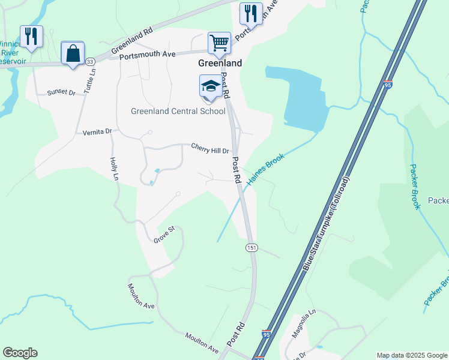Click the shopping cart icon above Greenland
[x=219, y=43]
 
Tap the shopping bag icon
[x=73, y=53]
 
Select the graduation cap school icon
[x=211, y=86]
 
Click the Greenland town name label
[x=220, y=63]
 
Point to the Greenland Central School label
[x=178, y=111]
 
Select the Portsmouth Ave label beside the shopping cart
[x=147, y=55]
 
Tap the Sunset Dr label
[x=61, y=93]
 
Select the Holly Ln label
[x=113, y=169]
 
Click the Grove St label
[x=163, y=234]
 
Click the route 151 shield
[x=252, y=247]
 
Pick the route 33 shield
[x=89, y=62]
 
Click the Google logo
[x=20, y=353]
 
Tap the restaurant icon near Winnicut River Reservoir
[x=31, y=36]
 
